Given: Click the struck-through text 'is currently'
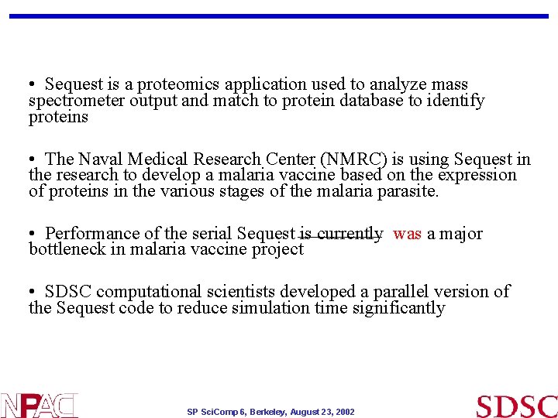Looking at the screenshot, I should pos(341,234).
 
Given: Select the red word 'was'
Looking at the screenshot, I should pos(407,234).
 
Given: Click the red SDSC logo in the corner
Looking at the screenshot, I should pos(516,406).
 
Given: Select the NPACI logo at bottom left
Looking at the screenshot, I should pos(39,406).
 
